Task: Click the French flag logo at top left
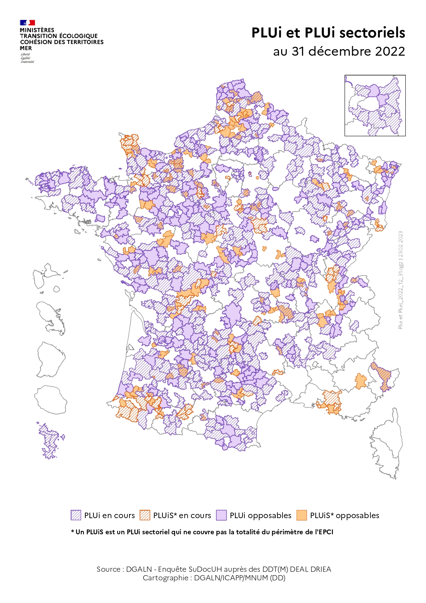[x=27, y=23]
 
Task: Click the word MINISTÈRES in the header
[x=37, y=30]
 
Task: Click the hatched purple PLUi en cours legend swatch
[x=76, y=515]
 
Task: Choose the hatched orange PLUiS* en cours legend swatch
[x=145, y=515]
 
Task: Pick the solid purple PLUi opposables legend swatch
[x=221, y=515]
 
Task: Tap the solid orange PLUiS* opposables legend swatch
[x=301, y=515]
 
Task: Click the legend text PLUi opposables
[x=260, y=515]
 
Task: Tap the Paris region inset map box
[x=375, y=105]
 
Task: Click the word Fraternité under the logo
[x=27, y=62]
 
